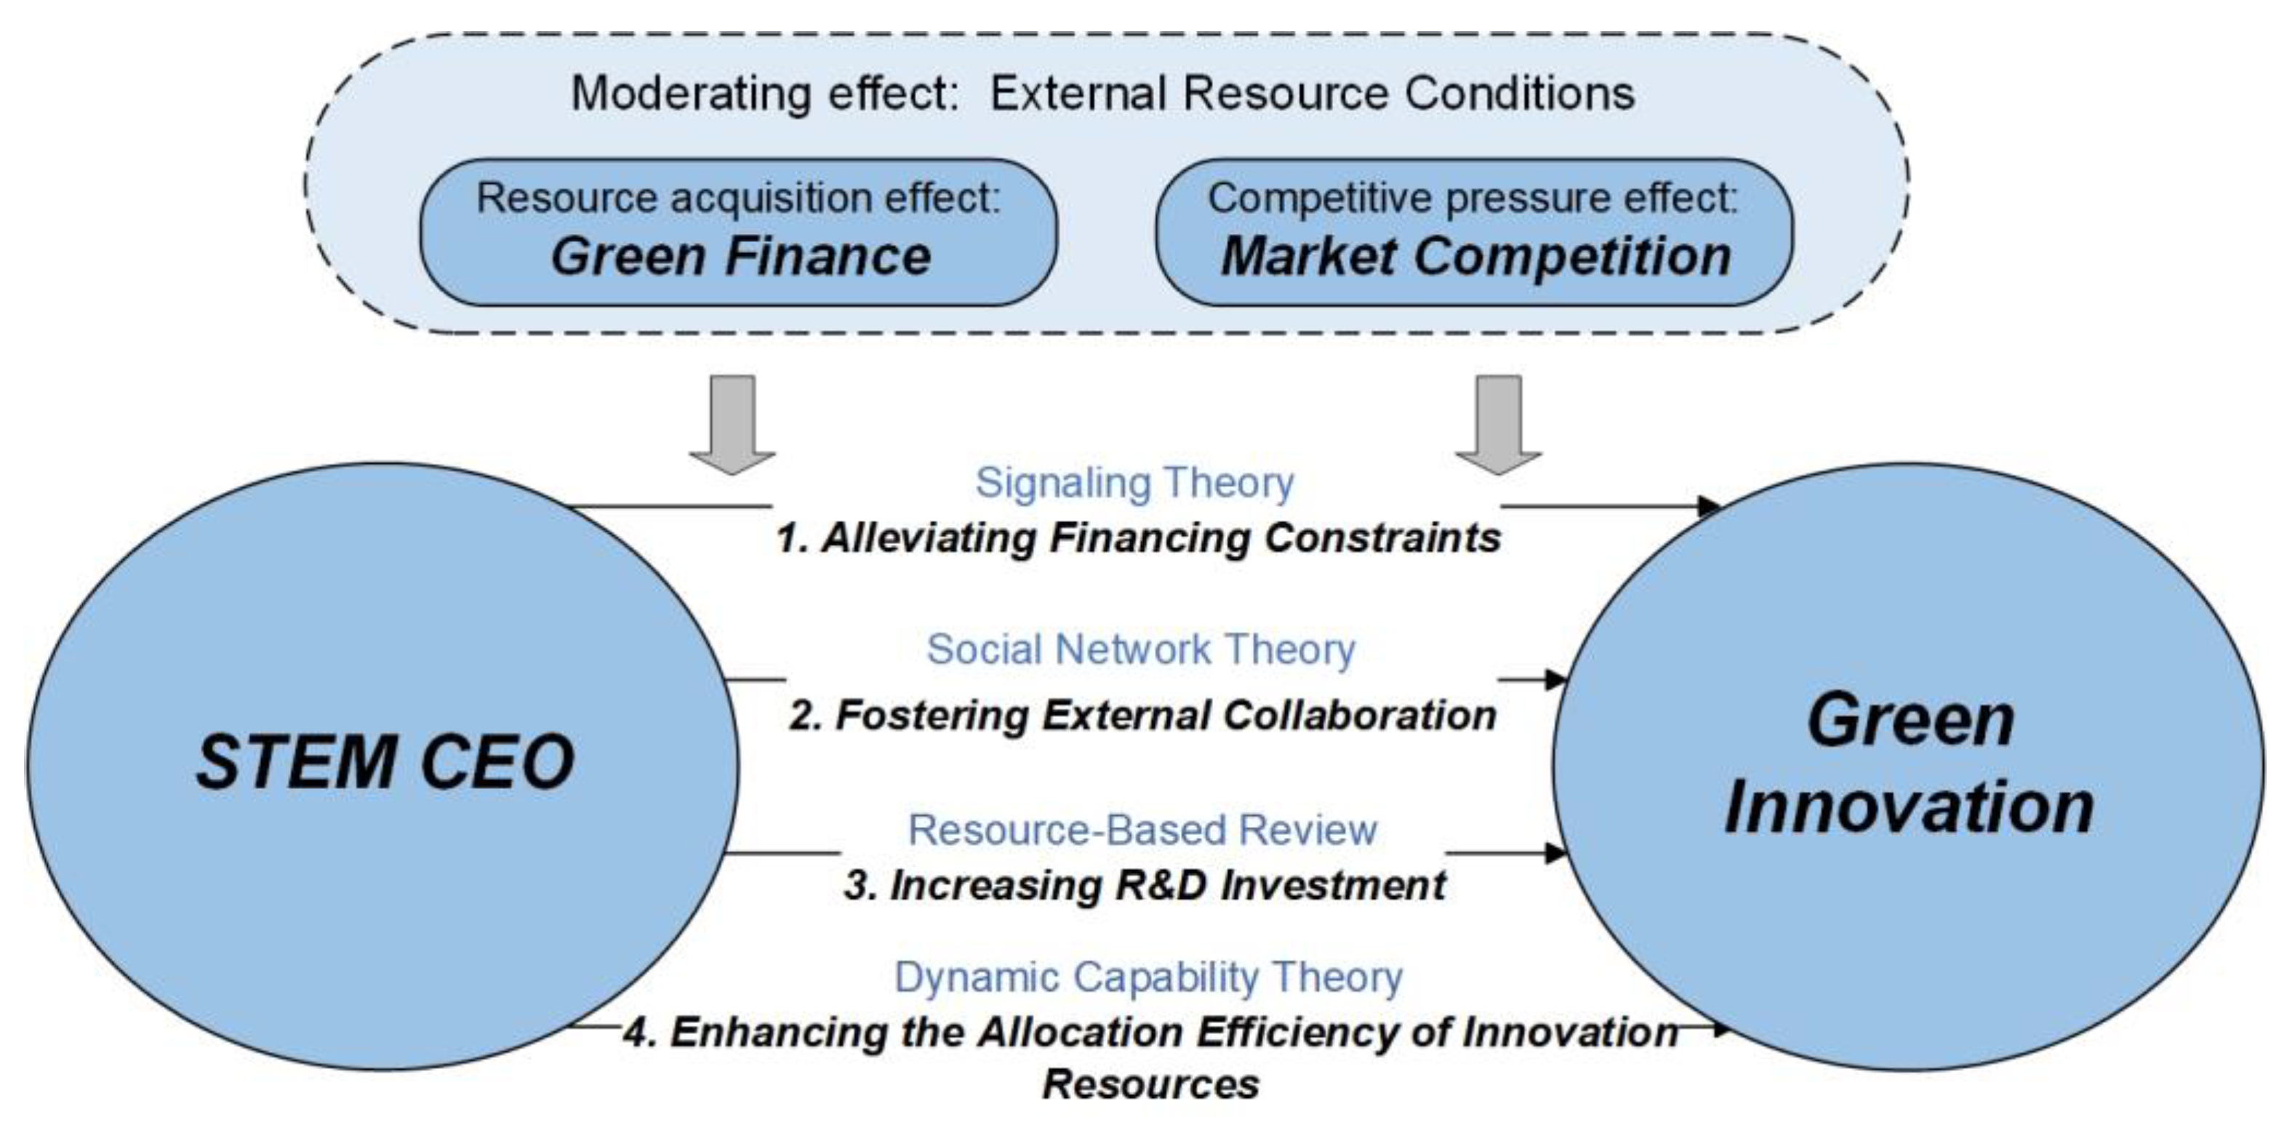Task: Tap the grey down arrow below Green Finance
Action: pyautogui.click(x=732, y=423)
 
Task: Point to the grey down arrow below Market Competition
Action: pyautogui.click(x=1499, y=423)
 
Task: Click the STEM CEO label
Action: pyautogui.click(x=385, y=762)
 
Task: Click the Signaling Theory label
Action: pyautogui.click(x=1134, y=484)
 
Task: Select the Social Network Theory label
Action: pyautogui.click(x=1140, y=649)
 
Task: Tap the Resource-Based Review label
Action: pyautogui.click(x=1142, y=830)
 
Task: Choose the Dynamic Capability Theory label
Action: pyautogui.click(x=1147, y=977)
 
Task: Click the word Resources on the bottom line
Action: pyautogui.click(x=1150, y=1085)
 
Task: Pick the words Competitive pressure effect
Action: pyautogui.click(x=1473, y=198)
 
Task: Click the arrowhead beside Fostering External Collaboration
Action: pyautogui.click(x=1555, y=680)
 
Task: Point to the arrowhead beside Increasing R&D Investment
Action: pyautogui.click(x=1555, y=853)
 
